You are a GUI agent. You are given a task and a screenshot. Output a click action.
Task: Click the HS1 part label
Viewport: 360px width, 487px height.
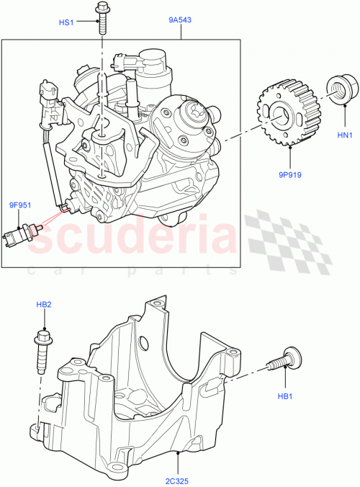click(x=66, y=22)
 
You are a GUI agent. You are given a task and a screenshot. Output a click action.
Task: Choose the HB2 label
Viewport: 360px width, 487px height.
click(x=44, y=305)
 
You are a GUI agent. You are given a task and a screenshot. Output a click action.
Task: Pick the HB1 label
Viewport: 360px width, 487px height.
click(x=285, y=397)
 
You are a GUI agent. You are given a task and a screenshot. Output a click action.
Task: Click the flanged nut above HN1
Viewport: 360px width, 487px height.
click(x=336, y=90)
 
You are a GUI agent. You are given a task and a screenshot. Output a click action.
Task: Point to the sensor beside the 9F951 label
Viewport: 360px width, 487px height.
click(x=21, y=235)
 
